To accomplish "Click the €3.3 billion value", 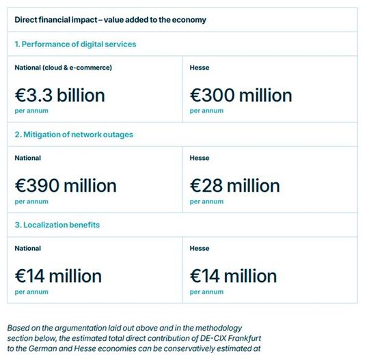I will coord(60,95).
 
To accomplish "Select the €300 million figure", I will coord(241,95).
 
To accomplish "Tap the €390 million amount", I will coord(66,185).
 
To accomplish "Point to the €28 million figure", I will coord(234,185).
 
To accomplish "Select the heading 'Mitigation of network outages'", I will coord(74,135).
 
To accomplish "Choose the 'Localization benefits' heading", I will coord(58,225).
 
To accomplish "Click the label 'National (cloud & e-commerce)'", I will coord(63,67).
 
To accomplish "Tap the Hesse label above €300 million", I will coord(200,67).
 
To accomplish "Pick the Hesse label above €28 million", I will coord(200,158).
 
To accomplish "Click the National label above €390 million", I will coord(28,158).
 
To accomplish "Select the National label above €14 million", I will coord(28,248).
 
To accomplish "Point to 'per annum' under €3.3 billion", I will coord(31,111).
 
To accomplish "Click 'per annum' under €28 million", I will coord(206,202).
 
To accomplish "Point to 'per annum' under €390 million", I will coord(31,202).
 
